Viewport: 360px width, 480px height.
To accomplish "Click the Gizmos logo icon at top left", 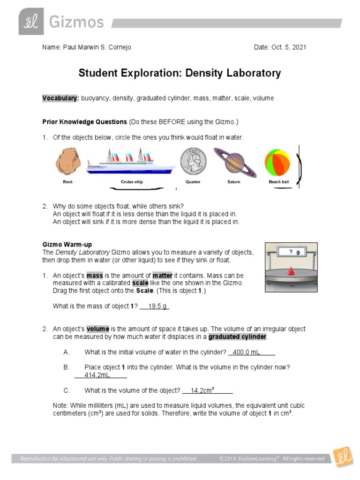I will coord(31,22).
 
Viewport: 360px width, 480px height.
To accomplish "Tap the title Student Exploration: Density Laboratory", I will coord(180,73).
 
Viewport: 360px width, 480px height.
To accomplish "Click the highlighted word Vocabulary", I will coord(60,98).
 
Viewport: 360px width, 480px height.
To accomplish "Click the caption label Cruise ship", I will coord(132,182).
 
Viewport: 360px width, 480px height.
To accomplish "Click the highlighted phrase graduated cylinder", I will coord(238,337).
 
